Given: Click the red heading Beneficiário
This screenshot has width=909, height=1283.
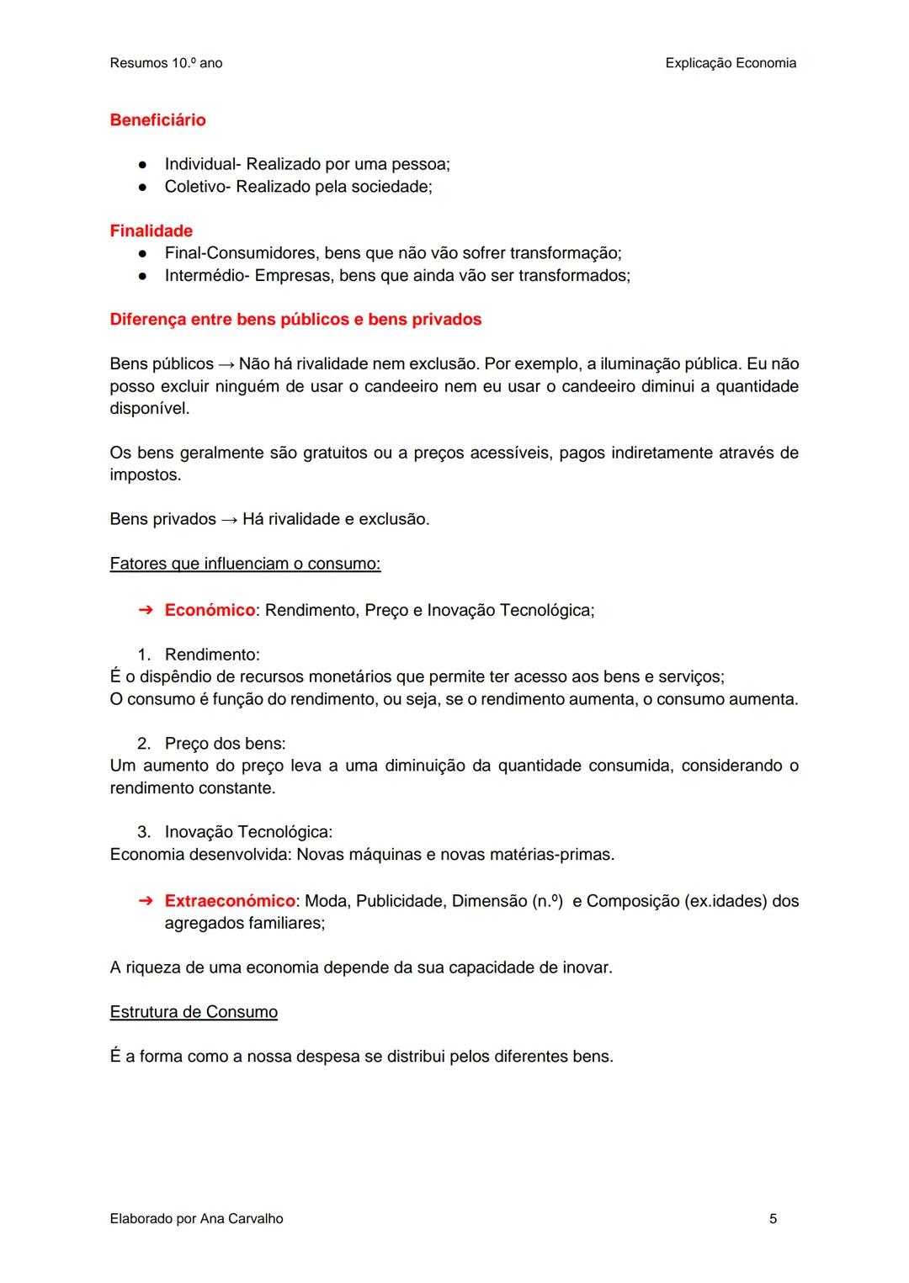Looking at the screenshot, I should [x=157, y=120].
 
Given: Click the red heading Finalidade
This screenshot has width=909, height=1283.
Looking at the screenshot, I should [x=151, y=231].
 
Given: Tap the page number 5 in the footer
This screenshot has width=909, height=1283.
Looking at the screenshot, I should [x=773, y=1218].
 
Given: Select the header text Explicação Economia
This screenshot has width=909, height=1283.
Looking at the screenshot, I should [x=730, y=63].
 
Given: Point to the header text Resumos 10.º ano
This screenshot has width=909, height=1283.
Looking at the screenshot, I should [x=166, y=63].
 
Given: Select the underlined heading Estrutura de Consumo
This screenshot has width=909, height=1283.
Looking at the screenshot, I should [x=194, y=1011].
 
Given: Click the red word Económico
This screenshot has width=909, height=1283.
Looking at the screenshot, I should [x=210, y=610].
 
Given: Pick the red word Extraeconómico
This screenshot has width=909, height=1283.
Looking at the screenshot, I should [x=230, y=901].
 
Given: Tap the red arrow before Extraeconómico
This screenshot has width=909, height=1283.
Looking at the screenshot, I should [x=145, y=901].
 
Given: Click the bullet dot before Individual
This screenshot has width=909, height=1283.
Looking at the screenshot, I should [x=144, y=165].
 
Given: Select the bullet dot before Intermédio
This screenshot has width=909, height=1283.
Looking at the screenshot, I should [x=144, y=276].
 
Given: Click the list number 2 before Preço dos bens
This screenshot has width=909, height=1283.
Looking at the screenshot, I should [x=144, y=744].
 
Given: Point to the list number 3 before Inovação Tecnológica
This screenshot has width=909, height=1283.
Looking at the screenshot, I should [x=144, y=832].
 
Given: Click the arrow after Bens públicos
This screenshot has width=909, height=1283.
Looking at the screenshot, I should [x=226, y=364].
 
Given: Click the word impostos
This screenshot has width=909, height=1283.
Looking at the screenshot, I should [x=144, y=475].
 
